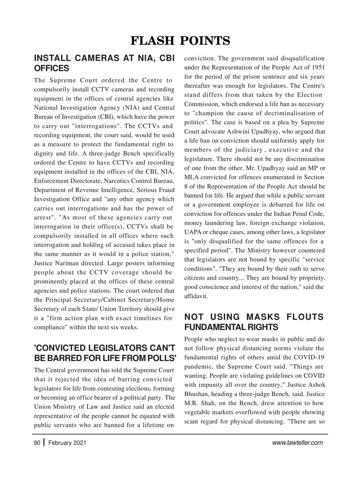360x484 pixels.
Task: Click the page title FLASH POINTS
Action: point(180,40)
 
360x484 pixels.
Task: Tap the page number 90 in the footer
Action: point(37,443)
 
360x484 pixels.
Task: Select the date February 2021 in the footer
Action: point(67,443)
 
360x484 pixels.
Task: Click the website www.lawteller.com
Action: point(297,443)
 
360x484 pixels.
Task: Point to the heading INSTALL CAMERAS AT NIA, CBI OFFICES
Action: point(104,63)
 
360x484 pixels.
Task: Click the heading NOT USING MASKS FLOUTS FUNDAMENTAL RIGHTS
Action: point(254,322)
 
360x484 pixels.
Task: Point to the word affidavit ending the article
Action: point(196,296)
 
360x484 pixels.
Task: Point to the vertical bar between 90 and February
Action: point(45,442)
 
